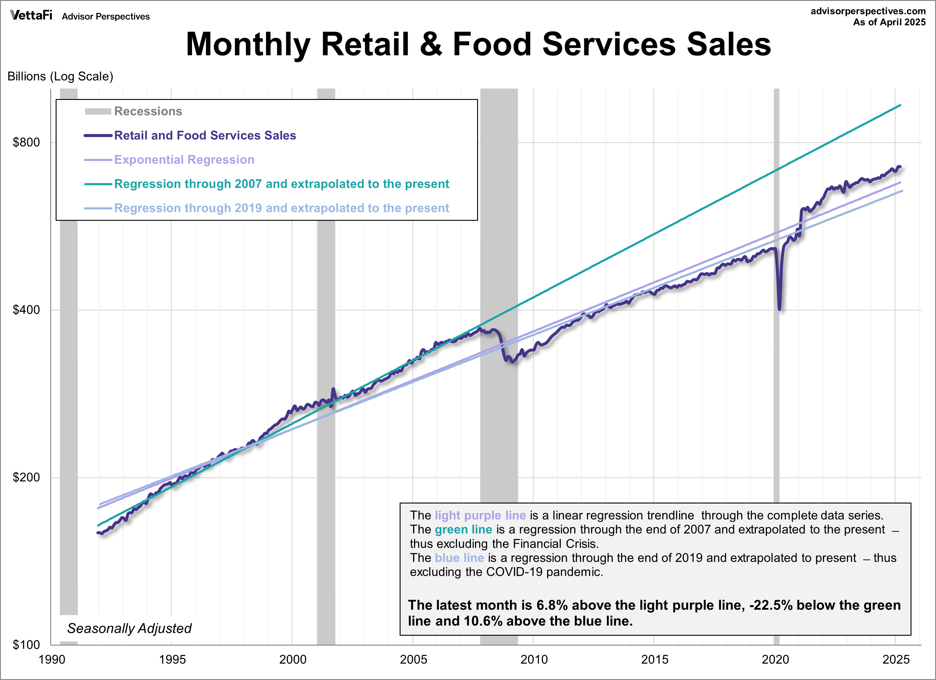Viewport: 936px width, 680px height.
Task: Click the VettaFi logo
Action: point(31,16)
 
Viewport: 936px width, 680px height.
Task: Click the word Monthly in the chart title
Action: point(248,44)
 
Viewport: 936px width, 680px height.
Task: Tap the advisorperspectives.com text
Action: point(867,11)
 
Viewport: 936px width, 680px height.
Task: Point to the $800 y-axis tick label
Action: point(26,142)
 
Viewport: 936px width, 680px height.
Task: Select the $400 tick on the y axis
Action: point(26,310)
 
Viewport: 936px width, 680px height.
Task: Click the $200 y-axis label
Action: point(26,477)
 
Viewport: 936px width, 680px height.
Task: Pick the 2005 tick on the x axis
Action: point(413,659)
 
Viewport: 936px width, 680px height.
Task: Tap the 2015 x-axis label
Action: point(654,659)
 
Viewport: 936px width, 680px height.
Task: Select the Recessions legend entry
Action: point(148,111)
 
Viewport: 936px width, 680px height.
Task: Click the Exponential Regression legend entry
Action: point(184,160)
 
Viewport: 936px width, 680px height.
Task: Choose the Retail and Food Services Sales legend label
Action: point(205,135)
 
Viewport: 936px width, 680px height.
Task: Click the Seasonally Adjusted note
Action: point(129,628)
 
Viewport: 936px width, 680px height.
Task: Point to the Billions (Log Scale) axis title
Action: point(60,76)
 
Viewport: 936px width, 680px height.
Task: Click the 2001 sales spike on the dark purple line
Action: point(333,389)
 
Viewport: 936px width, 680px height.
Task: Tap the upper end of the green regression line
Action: point(900,106)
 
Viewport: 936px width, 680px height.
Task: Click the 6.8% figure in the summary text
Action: point(552,605)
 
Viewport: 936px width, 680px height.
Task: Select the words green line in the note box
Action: point(463,530)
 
